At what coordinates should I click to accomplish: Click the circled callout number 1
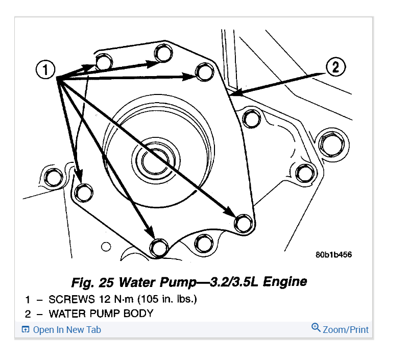(45, 70)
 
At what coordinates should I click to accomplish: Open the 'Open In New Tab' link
(67, 329)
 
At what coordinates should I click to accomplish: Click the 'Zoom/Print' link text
(346, 329)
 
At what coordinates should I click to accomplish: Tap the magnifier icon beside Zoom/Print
(316, 328)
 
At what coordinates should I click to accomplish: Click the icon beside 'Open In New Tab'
(26, 329)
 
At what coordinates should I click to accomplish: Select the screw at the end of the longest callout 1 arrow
(243, 223)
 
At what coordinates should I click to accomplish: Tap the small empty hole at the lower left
(106, 247)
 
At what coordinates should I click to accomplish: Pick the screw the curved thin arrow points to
(82, 192)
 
